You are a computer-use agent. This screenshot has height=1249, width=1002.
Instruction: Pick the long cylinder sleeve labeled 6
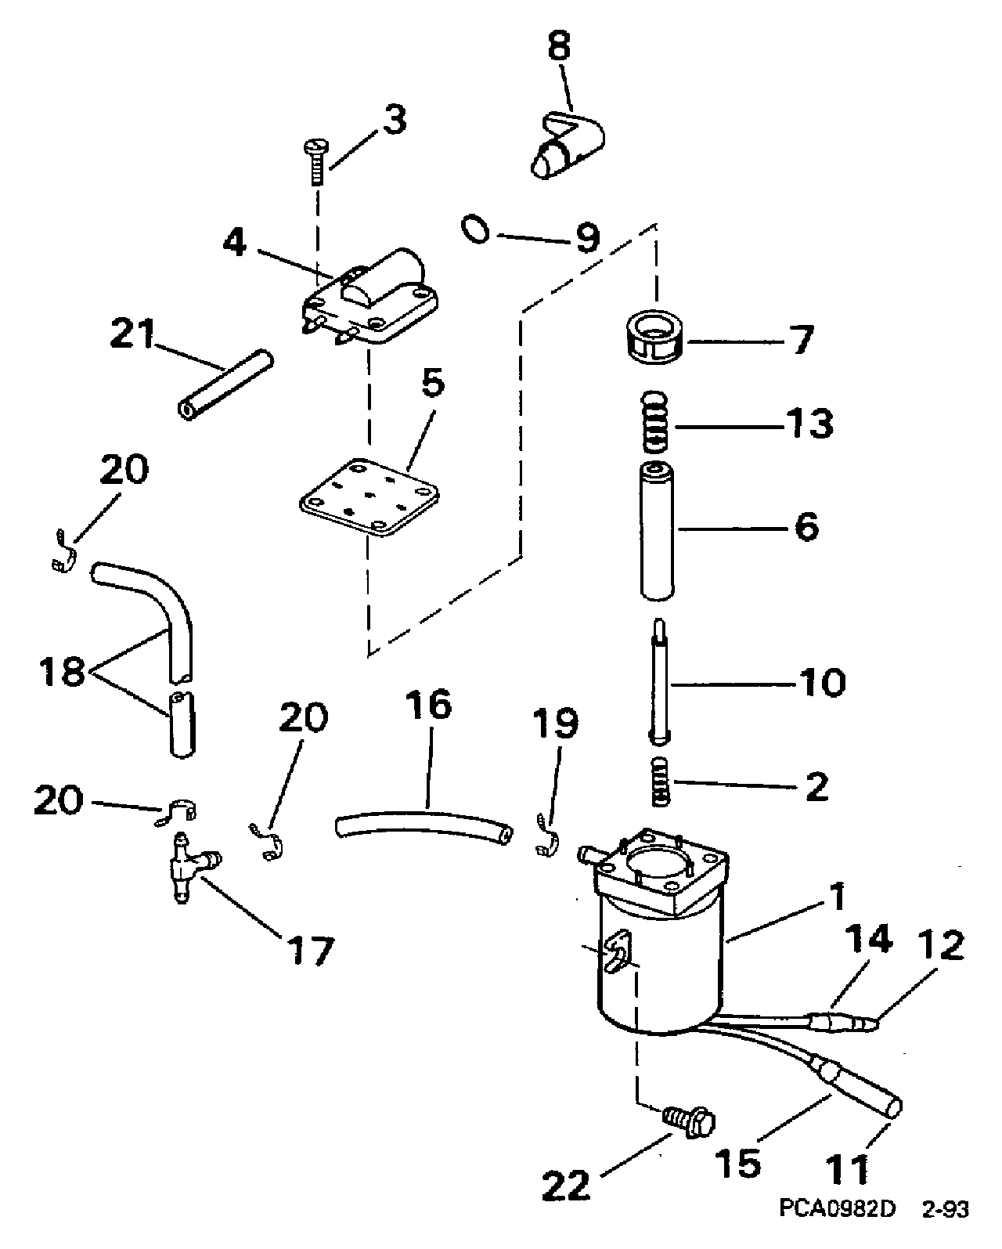656,530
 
